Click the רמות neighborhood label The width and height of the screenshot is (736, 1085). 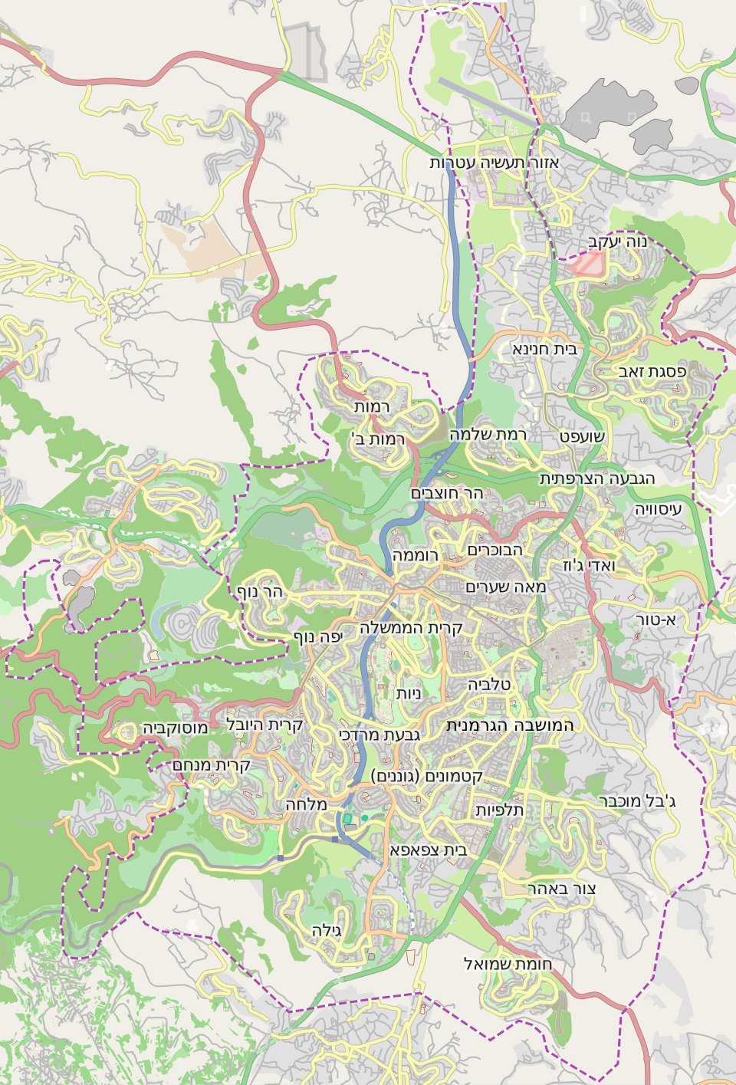(372, 406)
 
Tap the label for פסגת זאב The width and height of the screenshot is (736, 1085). (652, 372)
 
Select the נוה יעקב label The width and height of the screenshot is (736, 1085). (617, 242)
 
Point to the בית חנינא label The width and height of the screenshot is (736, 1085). (544, 349)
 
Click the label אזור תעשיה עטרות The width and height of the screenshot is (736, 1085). (494, 163)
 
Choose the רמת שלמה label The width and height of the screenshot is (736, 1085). (488, 434)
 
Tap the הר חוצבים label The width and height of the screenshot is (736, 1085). (447, 493)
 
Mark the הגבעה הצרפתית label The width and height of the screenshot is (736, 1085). (597, 478)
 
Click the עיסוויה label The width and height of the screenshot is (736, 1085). (658, 509)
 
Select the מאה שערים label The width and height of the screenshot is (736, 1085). (506, 587)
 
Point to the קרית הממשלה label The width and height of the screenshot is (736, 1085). (411, 628)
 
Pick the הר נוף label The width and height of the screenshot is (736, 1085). (260, 591)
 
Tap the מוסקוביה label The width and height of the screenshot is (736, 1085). (175, 728)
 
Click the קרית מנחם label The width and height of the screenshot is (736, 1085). (212, 765)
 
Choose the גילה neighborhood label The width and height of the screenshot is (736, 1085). (327, 930)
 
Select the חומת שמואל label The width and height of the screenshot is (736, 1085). (508, 964)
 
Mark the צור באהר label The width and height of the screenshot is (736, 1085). (561, 889)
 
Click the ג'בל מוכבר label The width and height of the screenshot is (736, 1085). (637, 802)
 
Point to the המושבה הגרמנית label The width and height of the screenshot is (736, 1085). (510, 725)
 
